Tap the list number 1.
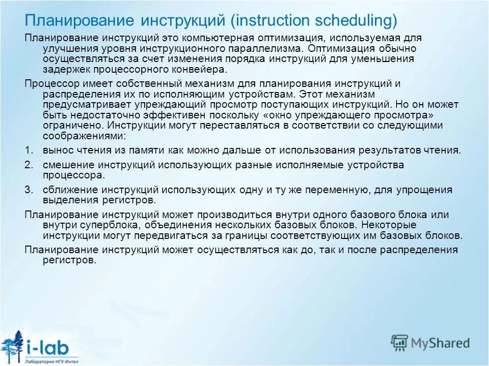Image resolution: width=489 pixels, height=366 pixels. point(29,150)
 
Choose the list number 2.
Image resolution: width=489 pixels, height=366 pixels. point(29,165)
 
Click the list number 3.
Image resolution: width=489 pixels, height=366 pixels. point(29,190)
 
